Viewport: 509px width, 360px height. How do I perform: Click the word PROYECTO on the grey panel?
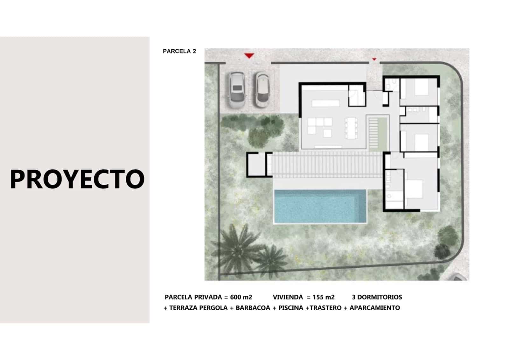coord(77,179)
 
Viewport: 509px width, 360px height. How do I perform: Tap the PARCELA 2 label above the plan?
coord(179,51)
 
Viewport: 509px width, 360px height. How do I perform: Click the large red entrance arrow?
coord(249,56)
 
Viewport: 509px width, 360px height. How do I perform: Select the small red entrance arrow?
coord(374,59)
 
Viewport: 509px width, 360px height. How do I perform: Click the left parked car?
coord(236,90)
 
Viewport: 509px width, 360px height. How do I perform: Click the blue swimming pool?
coord(320,206)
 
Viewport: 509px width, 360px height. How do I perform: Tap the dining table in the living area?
coord(351,128)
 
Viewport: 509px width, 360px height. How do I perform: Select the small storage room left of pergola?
coord(256,165)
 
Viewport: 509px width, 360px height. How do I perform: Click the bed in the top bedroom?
coord(421,87)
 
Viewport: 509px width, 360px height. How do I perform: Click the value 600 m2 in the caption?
coord(241,297)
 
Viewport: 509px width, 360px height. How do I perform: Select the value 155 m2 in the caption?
coord(324,297)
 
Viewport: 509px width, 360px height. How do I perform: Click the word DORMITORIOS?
coord(380,297)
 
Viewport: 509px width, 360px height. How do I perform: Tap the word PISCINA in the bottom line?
coord(290,308)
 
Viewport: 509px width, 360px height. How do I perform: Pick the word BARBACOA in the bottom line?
coord(253,308)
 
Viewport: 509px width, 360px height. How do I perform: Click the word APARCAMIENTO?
coord(374,308)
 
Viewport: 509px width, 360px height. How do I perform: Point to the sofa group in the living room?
coord(320,126)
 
